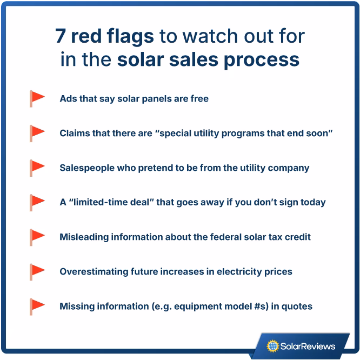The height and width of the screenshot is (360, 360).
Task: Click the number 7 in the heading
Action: pyautogui.click(x=62, y=36)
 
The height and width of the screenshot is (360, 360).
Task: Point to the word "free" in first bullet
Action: pyautogui.click(x=198, y=99)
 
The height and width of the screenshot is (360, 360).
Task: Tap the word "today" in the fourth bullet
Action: pyautogui.click(x=312, y=202)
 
